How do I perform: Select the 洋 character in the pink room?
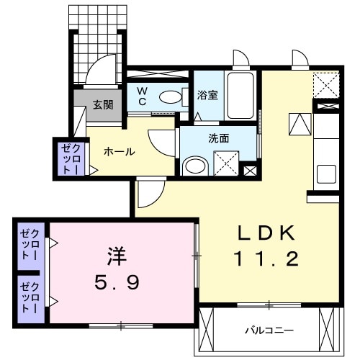(x=117, y=256)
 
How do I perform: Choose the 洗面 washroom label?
(x=220, y=138)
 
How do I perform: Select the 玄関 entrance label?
(x=102, y=104)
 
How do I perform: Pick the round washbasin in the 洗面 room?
(x=194, y=166)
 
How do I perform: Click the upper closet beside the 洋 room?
(x=32, y=244)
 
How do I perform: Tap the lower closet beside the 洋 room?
(x=32, y=295)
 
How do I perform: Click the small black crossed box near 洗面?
(x=250, y=171)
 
